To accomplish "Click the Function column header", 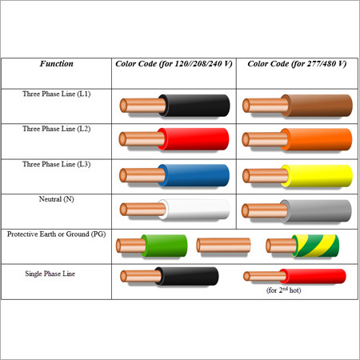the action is click(x=57, y=64).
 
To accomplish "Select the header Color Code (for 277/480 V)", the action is click(x=297, y=64).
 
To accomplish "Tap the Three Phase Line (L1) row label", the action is click(x=57, y=94).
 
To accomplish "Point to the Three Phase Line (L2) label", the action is click(x=57, y=129).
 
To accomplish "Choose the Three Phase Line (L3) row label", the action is click(x=57, y=164).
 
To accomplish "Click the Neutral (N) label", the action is click(x=57, y=199).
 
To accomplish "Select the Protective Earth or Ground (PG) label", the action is click(x=57, y=234).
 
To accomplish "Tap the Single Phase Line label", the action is click(x=50, y=274).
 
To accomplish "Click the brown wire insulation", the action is click(x=317, y=106).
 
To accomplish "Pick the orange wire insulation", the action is click(x=317, y=139).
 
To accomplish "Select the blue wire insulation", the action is click(x=194, y=175).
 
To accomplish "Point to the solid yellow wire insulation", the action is click(x=317, y=176).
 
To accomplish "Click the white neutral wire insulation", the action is click(x=194, y=210).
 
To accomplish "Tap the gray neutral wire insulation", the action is click(x=316, y=210).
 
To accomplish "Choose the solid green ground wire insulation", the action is click(x=164, y=246).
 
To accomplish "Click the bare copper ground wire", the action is click(x=223, y=245).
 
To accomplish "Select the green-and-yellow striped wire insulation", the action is click(x=316, y=246).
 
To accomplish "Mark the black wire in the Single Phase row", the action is click(x=186, y=276).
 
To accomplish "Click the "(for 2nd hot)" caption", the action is click(x=284, y=290).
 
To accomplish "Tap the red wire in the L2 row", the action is click(x=193, y=139).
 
